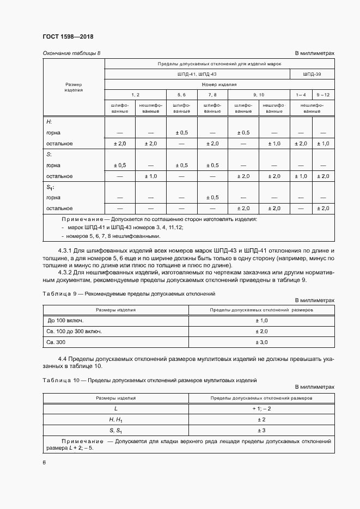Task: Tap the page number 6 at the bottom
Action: pos(44,462)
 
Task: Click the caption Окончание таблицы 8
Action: pos(71,53)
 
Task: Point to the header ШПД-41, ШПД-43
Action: pos(197,73)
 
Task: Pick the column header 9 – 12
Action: pos(322,95)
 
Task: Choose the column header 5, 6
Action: pos(181,95)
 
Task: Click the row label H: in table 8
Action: pos(48,122)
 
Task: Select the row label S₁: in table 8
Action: pos(50,187)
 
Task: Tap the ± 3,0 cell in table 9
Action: pos(261,341)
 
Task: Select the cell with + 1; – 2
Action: pos(261,408)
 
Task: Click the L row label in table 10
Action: pos(115,408)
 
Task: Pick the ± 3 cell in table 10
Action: pos(261,430)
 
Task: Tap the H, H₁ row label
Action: pos(115,419)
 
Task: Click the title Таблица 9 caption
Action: pos(57,293)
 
